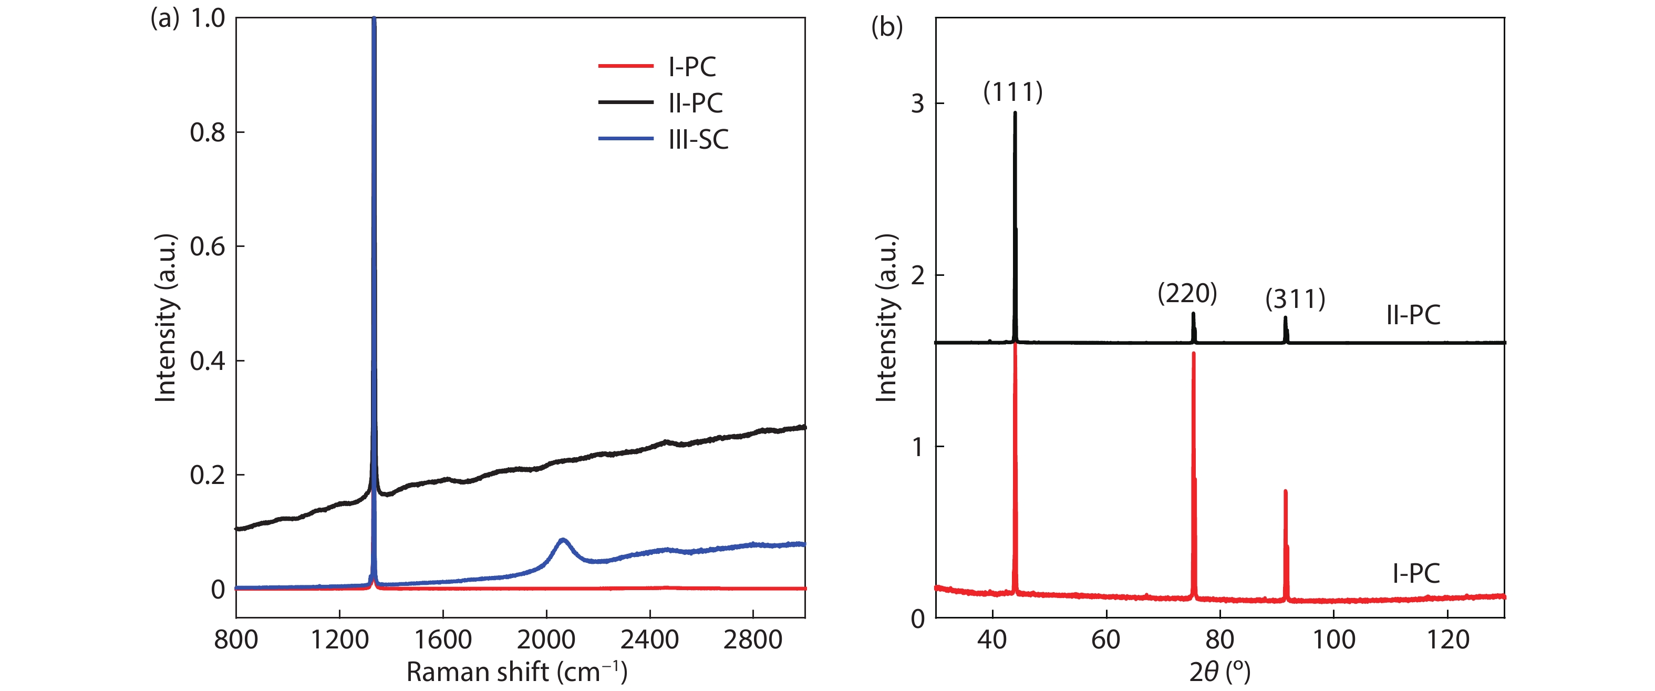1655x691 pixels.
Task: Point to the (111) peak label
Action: pyautogui.click(x=1012, y=92)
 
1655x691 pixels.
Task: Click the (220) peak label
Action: pyautogui.click(x=1187, y=293)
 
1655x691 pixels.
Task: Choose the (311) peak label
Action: pyautogui.click(x=1295, y=299)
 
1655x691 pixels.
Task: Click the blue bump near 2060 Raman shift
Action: pyautogui.click(x=563, y=541)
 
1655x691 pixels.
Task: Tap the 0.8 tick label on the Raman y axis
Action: pyautogui.click(x=208, y=132)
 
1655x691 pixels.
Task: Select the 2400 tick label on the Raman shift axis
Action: pyautogui.click(x=649, y=640)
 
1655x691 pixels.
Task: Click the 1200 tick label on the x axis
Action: pyautogui.click(x=339, y=640)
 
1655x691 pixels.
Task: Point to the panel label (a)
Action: pyautogui.click(x=164, y=18)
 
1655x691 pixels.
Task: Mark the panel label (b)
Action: pyautogui.click(x=887, y=26)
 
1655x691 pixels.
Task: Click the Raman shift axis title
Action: pyautogui.click(x=516, y=672)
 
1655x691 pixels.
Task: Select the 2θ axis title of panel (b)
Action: pyautogui.click(x=1219, y=672)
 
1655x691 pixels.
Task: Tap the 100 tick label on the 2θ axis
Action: pyautogui.click(x=1334, y=640)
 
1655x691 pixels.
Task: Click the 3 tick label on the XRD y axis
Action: pyautogui.click(x=917, y=104)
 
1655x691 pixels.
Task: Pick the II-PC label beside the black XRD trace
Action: pyautogui.click(x=1413, y=315)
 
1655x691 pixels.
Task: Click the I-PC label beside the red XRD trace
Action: pyautogui.click(x=1416, y=573)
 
